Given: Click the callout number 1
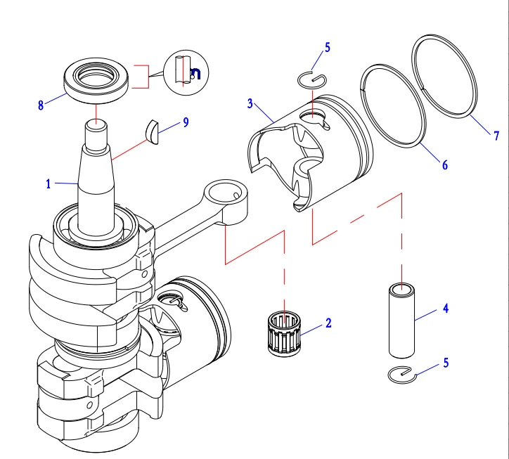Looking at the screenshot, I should tap(49, 184).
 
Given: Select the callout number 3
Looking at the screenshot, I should tap(250, 104).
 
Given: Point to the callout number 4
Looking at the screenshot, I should tap(444, 308).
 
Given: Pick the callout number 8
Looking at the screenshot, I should tap(41, 105).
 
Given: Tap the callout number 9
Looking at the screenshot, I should tap(186, 122).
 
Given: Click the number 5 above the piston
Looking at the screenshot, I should tap(327, 48).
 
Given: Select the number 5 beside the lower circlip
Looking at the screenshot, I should tap(444, 363).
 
